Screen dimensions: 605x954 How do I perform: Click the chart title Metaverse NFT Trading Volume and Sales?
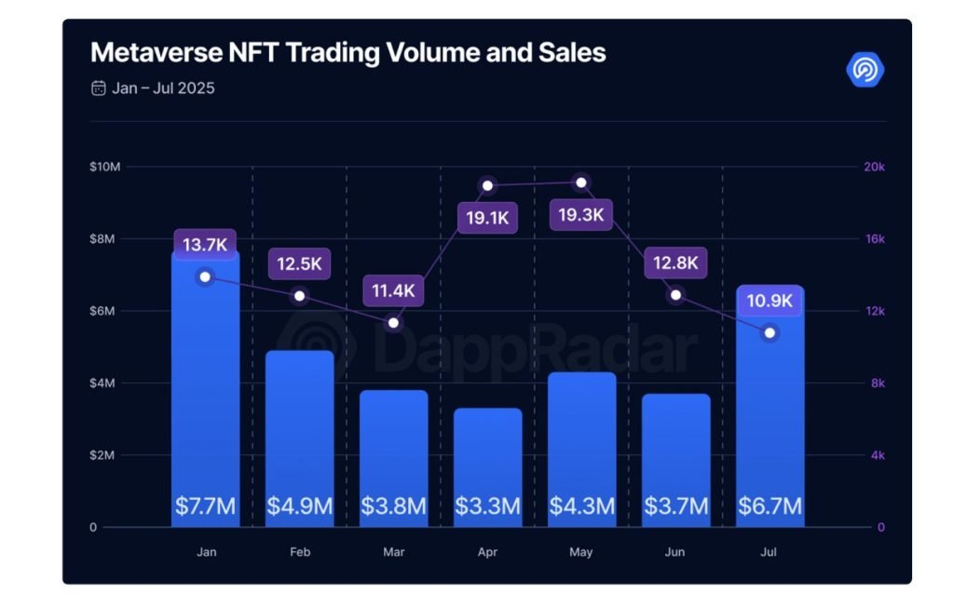(348, 52)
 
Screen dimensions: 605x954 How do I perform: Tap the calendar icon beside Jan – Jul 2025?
(98, 88)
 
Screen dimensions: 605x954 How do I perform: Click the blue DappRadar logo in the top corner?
(865, 70)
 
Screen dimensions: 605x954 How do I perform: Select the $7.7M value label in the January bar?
(205, 506)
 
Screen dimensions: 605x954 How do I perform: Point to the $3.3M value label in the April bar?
(487, 506)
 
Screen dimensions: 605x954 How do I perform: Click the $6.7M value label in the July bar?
(770, 506)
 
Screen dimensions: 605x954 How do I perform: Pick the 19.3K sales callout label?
(580, 216)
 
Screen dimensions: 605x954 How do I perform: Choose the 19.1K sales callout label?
(486, 218)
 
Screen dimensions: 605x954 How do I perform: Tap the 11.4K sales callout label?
(393, 290)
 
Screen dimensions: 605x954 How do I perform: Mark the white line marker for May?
(581, 182)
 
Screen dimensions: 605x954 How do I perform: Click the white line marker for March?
(393, 323)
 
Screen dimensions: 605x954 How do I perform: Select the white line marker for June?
(675, 295)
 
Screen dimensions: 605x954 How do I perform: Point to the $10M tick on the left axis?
(105, 167)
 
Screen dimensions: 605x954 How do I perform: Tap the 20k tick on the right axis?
(874, 167)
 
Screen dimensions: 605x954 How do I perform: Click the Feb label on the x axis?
(300, 552)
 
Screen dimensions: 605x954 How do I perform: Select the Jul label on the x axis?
(769, 552)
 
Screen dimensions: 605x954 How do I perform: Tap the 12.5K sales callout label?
(299, 263)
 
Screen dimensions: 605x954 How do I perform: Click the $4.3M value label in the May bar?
(581, 506)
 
